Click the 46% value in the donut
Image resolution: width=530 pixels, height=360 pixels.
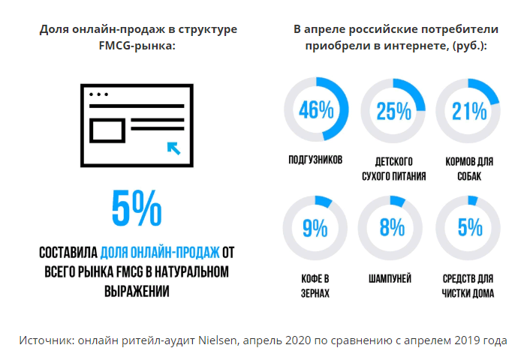pyautogui.click(x=316, y=111)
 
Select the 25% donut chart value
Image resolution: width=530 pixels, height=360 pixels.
pyautogui.click(x=393, y=112)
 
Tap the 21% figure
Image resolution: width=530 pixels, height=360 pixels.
pyautogui.click(x=469, y=112)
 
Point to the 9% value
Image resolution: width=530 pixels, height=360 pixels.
pyautogui.click(x=316, y=226)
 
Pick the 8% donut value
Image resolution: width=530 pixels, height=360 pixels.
pyautogui.click(x=392, y=226)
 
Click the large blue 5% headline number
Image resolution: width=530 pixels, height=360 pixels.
pyautogui.click(x=136, y=208)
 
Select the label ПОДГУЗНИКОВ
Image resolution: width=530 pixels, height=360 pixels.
pyautogui.click(x=315, y=160)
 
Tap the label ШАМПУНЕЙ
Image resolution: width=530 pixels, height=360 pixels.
pyautogui.click(x=390, y=279)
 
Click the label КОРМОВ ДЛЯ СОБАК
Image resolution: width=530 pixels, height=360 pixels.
pyautogui.click(x=468, y=167)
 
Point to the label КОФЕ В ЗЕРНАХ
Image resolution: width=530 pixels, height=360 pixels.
pyautogui.click(x=315, y=286)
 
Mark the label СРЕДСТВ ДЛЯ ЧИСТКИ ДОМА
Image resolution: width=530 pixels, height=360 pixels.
pyautogui.click(x=468, y=286)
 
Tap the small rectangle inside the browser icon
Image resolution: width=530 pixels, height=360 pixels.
pyautogui.click(x=106, y=132)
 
